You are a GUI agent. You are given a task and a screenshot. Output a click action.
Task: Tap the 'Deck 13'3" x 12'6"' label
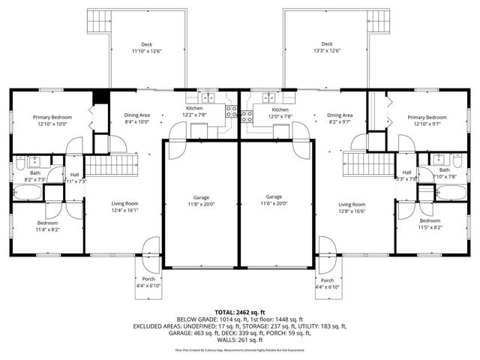pos(326,47)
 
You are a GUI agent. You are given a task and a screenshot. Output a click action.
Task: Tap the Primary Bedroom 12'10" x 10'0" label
pos(50,121)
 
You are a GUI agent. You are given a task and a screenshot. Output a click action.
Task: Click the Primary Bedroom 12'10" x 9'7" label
pos(427,121)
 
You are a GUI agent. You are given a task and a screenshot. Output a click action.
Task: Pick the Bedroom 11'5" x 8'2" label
pos(430,224)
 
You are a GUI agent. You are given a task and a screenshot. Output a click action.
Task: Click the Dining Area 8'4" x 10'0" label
pos(136,118)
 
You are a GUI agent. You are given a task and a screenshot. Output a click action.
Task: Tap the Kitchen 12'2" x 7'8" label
pos(195,112)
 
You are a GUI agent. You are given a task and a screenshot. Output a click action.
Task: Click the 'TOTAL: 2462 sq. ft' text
pos(241,311)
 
